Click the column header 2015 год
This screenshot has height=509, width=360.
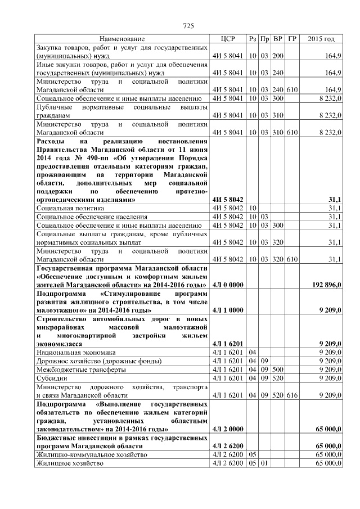point(321,39)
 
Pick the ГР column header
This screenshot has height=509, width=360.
point(291,39)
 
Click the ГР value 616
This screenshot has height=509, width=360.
point(291,395)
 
